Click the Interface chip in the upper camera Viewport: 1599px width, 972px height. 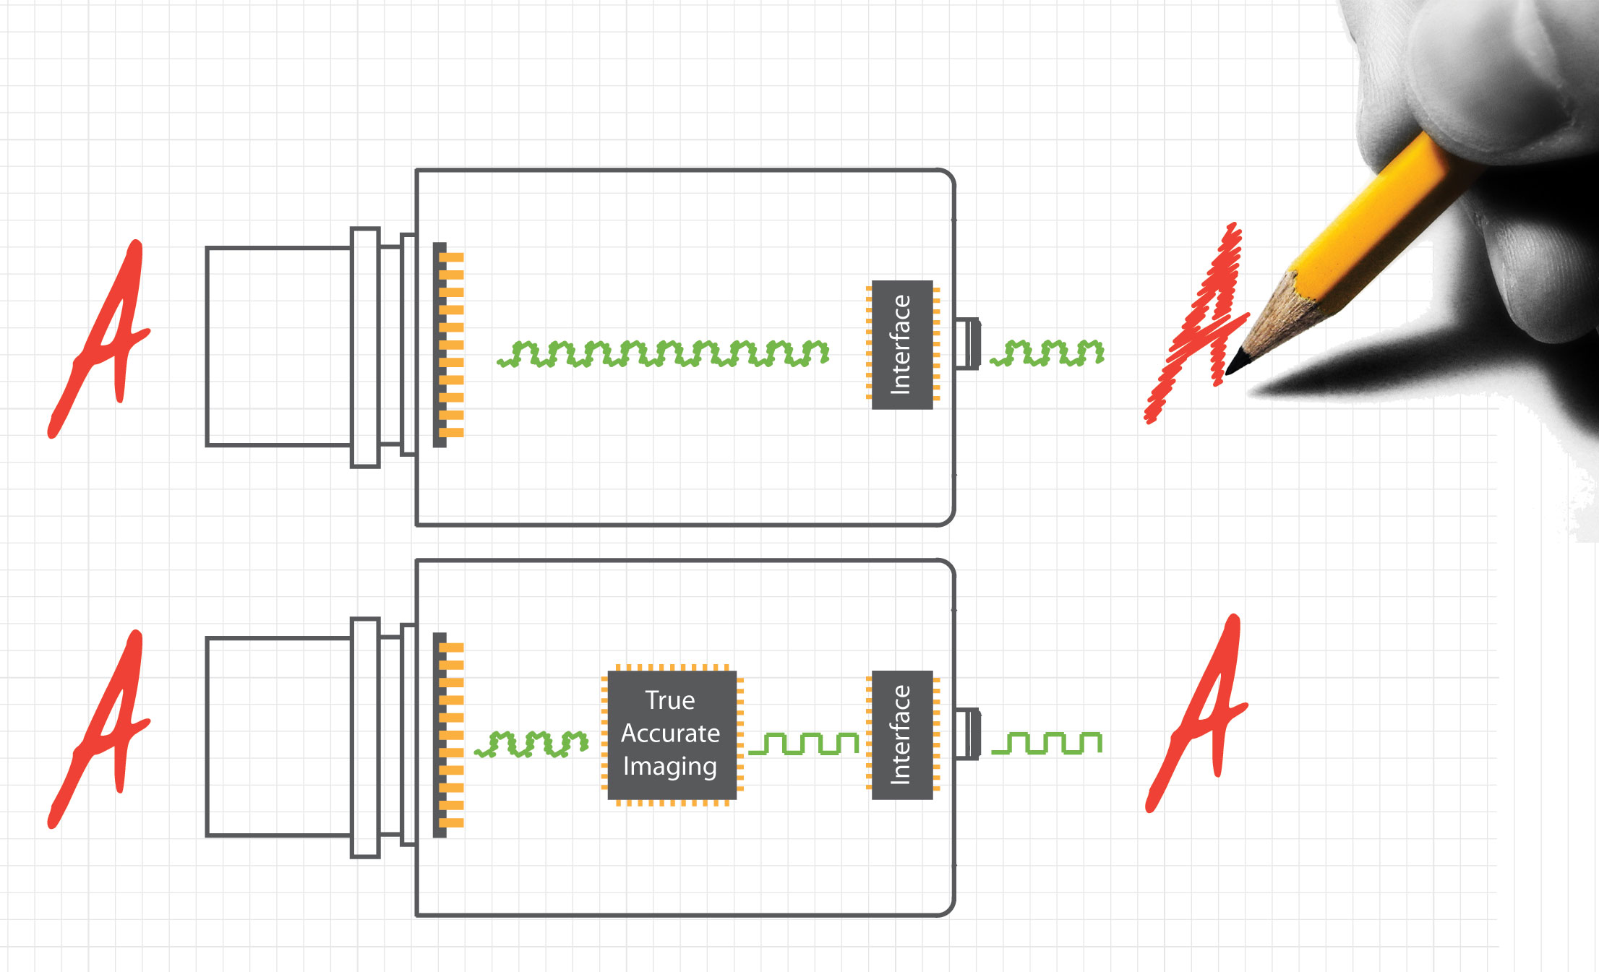pyautogui.click(x=902, y=345)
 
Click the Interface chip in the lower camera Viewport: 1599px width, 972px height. pyautogui.click(x=902, y=735)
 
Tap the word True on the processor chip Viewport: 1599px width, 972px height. pyautogui.click(x=670, y=700)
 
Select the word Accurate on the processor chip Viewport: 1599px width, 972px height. pyautogui.click(x=670, y=734)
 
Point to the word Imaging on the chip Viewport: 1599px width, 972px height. pyautogui.click(x=670, y=766)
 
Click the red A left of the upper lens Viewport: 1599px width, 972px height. pyautogui.click(x=101, y=340)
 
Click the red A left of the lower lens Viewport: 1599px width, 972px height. pyautogui.click(x=101, y=730)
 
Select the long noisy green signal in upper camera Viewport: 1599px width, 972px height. pyautogui.click(x=664, y=353)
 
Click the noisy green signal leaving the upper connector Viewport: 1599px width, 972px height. pyautogui.click(x=1047, y=353)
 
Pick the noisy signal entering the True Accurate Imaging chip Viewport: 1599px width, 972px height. pyautogui.click(x=532, y=744)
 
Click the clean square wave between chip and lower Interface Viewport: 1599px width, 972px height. pyautogui.click(x=803, y=744)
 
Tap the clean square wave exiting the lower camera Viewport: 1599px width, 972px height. pyautogui.click(x=1047, y=743)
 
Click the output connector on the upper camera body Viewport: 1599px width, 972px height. pyautogui.click(x=967, y=344)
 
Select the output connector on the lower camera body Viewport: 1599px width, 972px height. pyautogui.click(x=967, y=734)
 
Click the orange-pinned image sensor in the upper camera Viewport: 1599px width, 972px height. pyautogui.click(x=447, y=345)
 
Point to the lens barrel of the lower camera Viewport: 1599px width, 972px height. pyautogui.click(x=278, y=736)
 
